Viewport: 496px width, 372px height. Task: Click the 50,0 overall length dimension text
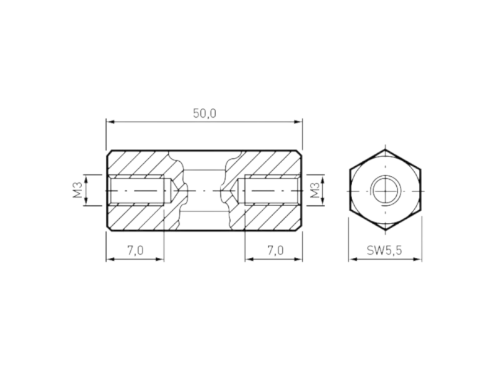point(204,113)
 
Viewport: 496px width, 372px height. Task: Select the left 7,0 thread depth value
point(135,250)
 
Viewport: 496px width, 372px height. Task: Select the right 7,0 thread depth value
point(275,250)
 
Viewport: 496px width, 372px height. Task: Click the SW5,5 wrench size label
point(384,250)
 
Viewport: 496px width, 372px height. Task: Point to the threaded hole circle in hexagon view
point(384,190)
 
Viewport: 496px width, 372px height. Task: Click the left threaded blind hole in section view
point(139,190)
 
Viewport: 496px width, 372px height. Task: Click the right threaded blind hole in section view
point(270,190)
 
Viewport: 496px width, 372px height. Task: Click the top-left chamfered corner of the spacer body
point(109,153)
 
